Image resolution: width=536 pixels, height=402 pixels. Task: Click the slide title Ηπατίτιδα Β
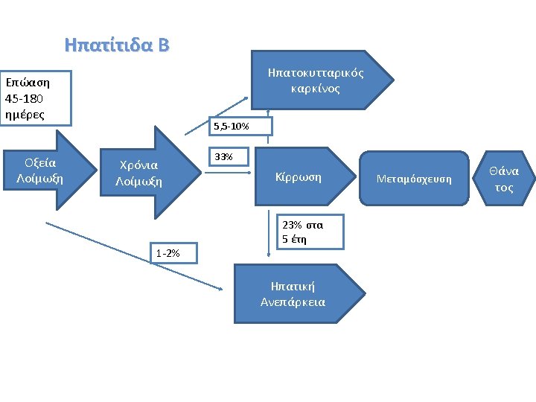[117, 45]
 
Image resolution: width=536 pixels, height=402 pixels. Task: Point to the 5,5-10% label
[231, 127]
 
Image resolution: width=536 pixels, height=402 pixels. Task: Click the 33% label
[223, 157]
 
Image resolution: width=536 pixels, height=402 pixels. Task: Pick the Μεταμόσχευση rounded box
[414, 179]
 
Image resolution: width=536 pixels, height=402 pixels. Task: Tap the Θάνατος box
[504, 179]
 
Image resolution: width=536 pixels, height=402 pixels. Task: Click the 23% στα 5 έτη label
[302, 231]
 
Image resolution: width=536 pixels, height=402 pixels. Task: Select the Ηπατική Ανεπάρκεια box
[293, 294]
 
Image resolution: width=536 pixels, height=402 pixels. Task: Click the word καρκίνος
[316, 89]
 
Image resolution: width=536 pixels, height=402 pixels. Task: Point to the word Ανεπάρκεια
[293, 302]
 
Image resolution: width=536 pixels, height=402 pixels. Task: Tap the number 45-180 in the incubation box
[25, 98]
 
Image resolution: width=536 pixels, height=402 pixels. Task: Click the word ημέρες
[25, 114]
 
